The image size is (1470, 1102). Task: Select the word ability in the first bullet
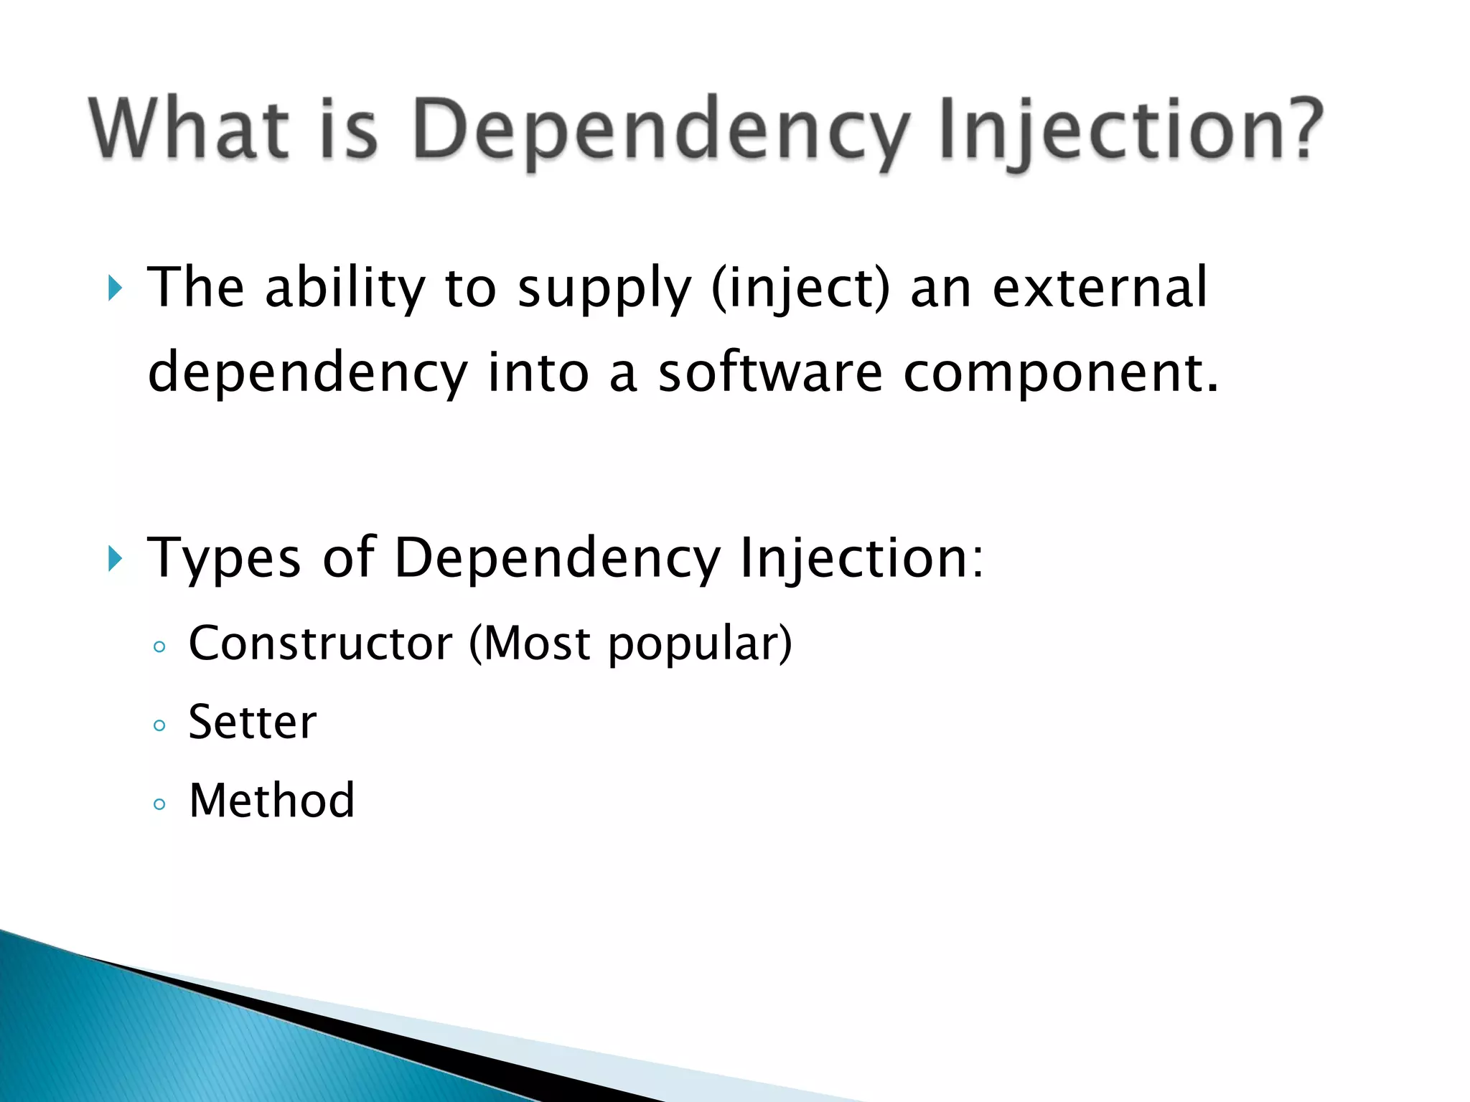coord(345,288)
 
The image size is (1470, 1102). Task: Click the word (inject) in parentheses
coord(800,288)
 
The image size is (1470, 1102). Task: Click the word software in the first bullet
coord(770,373)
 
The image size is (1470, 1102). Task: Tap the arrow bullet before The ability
coord(115,288)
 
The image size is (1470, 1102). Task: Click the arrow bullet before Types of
coord(115,558)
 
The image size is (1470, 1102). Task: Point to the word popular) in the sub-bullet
coord(700,644)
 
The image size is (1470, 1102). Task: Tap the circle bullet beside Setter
coord(159,725)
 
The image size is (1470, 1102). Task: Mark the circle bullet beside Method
coord(159,804)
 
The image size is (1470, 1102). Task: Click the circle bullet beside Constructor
coord(159,647)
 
